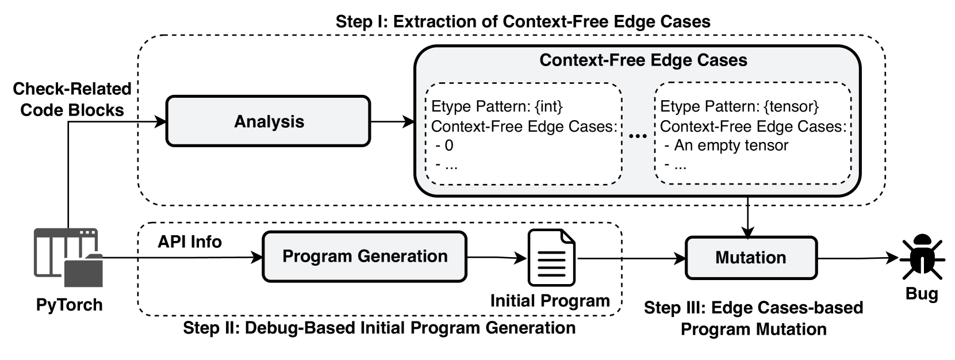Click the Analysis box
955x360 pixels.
[269, 121]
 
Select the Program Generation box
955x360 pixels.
[365, 256]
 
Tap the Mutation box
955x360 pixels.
[751, 258]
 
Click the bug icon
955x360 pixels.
[922, 256]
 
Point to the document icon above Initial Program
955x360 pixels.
[551, 258]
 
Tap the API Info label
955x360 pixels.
[190, 242]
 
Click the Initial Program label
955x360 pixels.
[550, 301]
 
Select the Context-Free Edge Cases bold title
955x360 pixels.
[643, 60]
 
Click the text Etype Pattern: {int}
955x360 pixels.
[496, 107]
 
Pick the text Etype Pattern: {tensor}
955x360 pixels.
[739, 107]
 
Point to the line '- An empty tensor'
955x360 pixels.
[726, 145]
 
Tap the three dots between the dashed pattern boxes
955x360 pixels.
[638, 135]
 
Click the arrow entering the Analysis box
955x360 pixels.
[152, 122]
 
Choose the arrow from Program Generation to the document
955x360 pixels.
[497, 257]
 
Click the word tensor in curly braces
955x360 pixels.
[796, 107]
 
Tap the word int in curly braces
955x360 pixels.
[551, 107]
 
